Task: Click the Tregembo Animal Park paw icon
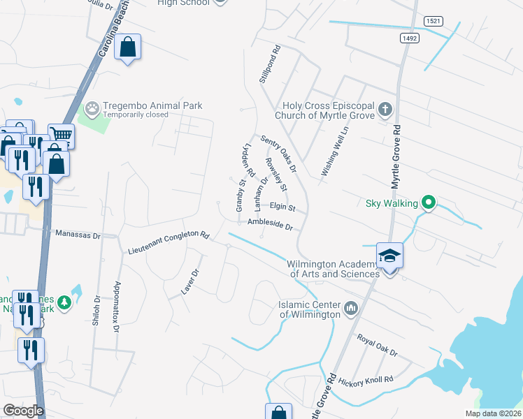[92, 109]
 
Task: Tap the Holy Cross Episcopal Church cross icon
[385, 110]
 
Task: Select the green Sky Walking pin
[430, 203]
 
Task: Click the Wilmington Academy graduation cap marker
[390, 256]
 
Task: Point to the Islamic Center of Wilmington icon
[350, 308]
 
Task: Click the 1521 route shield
[434, 22]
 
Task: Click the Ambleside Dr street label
[269, 224]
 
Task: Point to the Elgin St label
[283, 207]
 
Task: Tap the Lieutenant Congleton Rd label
[169, 242]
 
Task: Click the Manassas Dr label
[78, 235]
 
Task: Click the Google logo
[23, 411]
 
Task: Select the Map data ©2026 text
[492, 413]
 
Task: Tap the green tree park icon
[64, 302]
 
